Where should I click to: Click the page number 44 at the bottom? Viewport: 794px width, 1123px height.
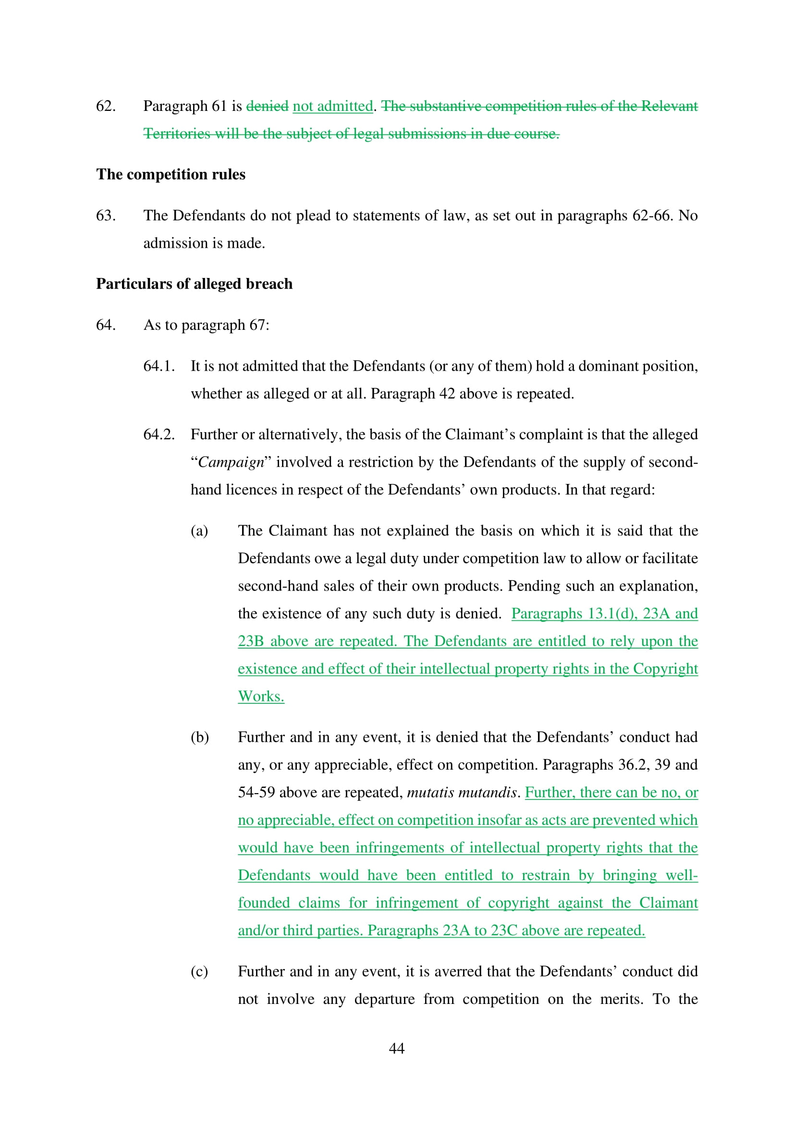(x=396, y=1048)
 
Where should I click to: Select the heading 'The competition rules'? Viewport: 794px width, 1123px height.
(x=171, y=175)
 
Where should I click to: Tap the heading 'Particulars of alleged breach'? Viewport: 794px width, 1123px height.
(x=194, y=284)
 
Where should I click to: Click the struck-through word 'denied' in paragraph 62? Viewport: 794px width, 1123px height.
(x=267, y=106)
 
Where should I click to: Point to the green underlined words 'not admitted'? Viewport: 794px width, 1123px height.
(x=333, y=106)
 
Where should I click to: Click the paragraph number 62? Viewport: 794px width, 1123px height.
(x=106, y=106)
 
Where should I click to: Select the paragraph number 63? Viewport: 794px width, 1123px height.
(x=106, y=216)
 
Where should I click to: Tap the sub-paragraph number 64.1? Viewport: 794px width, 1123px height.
(x=159, y=366)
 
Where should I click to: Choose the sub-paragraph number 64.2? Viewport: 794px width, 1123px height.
(x=159, y=435)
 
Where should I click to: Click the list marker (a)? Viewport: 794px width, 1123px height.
(x=199, y=531)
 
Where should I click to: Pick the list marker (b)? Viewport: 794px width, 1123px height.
(x=200, y=737)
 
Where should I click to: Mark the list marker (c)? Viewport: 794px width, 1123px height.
(x=199, y=971)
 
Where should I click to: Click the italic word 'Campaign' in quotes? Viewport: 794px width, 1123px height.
(x=231, y=463)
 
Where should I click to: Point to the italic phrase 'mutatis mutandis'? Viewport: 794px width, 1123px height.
(x=461, y=792)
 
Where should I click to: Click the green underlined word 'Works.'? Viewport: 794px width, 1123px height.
(x=261, y=697)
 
